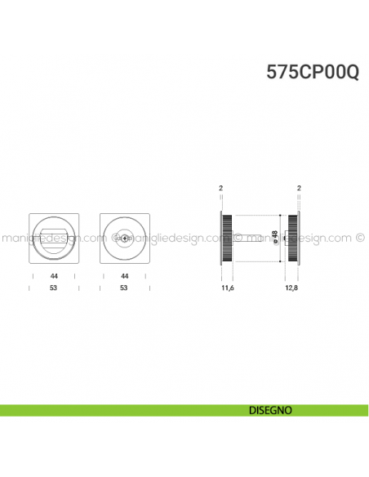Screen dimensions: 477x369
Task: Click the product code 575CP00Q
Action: coord(312,72)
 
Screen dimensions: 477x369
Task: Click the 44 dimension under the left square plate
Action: coord(53,277)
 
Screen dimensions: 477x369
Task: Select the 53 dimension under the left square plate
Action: coord(53,288)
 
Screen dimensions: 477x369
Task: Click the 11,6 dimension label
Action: coord(228,288)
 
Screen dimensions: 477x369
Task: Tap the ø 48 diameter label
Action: coord(275,238)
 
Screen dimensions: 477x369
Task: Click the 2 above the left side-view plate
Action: coord(221,189)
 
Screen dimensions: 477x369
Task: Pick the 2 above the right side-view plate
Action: coord(300,189)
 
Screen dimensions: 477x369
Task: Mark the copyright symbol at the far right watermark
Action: coord(360,239)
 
